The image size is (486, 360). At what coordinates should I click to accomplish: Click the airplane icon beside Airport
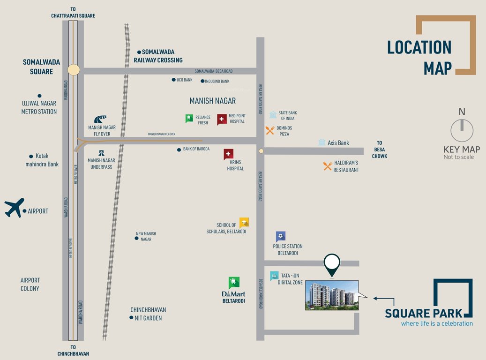coord(14,208)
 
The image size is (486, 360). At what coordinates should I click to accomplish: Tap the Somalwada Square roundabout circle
coord(74,70)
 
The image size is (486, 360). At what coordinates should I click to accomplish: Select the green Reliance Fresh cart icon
coord(189,119)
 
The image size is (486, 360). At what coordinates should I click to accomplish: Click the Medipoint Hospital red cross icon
coord(222,120)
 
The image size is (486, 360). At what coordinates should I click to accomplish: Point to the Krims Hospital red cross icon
coord(228,154)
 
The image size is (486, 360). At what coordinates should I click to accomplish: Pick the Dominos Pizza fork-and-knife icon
coord(270,130)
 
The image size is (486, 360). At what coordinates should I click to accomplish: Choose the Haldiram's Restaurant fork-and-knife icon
coord(328,166)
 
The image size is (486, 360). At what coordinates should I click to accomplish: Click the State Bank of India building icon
coord(273,115)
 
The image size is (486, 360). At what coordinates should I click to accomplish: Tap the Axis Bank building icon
coord(322,142)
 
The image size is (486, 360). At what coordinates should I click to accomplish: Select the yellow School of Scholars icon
coord(244,223)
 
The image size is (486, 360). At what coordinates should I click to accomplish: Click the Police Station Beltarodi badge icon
coord(281,236)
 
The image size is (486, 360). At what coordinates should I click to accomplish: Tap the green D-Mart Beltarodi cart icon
coord(234,282)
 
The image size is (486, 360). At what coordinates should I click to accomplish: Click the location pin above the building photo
coord(332,264)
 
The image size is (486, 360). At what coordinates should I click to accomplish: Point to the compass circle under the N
coord(462,130)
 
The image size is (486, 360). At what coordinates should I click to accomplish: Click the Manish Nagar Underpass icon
coord(100,153)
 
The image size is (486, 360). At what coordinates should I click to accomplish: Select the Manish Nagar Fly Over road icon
coord(100,119)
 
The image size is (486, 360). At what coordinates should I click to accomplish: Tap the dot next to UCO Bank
coord(173,80)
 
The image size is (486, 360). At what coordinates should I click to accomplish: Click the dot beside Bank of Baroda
coord(179,150)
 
